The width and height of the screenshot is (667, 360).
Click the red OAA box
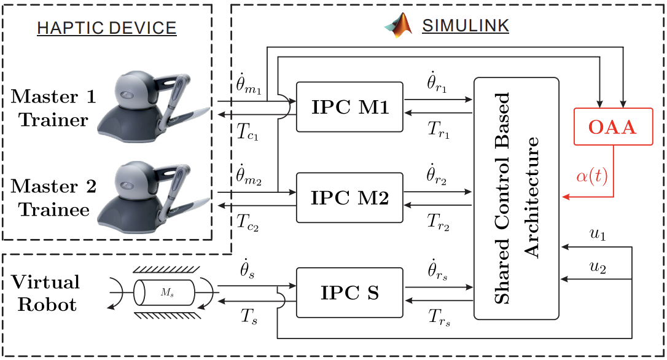(613, 127)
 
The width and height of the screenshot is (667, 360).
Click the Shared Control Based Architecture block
(516, 198)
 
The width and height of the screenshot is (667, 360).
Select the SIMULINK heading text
(465, 26)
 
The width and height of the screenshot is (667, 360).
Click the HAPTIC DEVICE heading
(107, 28)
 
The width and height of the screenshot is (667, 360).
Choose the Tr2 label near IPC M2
(438, 222)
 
